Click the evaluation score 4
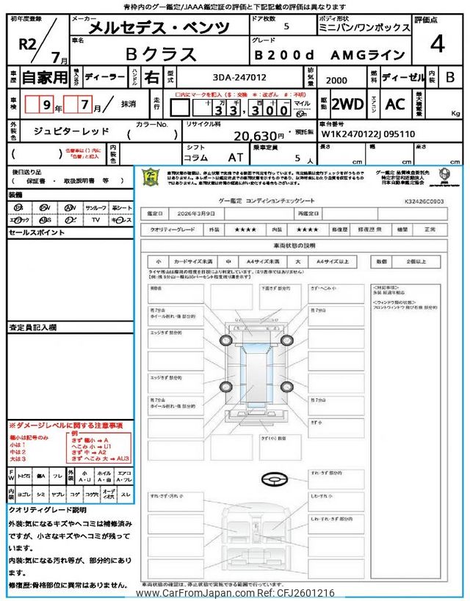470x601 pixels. pos(438,45)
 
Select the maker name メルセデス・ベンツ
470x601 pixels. pos(159,28)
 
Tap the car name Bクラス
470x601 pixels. pos(162,54)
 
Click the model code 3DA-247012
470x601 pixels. pos(236,76)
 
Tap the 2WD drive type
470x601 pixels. pos(347,104)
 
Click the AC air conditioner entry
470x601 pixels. pos(395,104)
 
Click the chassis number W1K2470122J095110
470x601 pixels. pos(368,135)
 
